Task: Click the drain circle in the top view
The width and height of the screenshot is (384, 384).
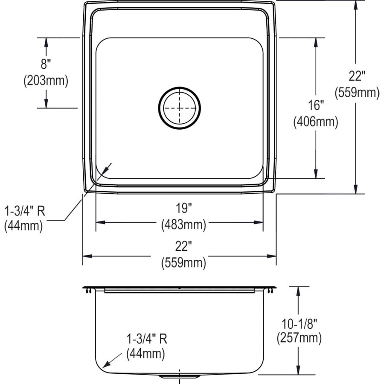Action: click(x=179, y=108)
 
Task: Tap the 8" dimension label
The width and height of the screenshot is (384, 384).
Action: click(x=46, y=65)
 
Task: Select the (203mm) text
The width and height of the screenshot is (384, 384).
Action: click(x=46, y=81)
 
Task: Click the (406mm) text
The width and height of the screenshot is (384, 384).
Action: click(x=315, y=122)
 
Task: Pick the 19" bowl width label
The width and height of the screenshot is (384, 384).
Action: click(x=183, y=209)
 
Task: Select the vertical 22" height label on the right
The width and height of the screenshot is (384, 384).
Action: click(x=357, y=76)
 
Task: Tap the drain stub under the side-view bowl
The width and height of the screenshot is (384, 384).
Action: click(x=179, y=377)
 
